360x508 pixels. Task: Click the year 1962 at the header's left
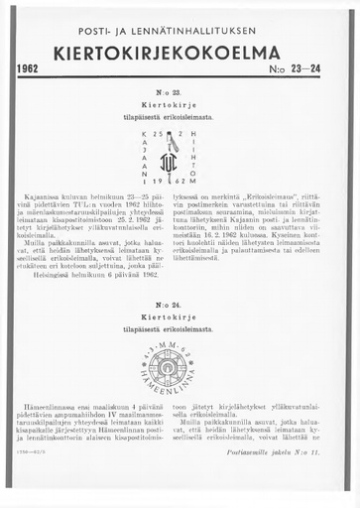tap(34, 70)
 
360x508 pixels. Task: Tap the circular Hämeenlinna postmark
tap(180, 353)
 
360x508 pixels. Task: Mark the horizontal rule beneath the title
tap(180, 79)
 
